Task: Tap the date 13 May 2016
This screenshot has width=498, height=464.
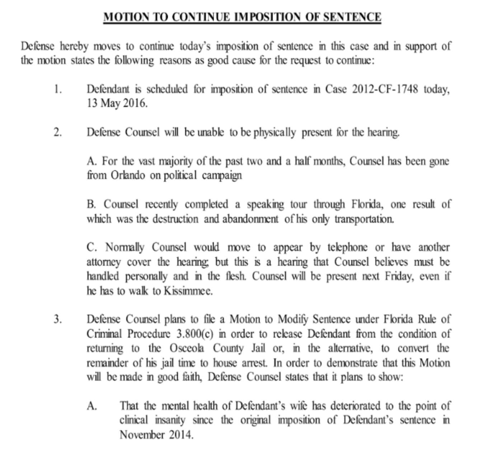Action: click(117, 104)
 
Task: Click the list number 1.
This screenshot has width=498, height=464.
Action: click(58, 89)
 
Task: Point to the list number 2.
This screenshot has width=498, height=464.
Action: click(58, 133)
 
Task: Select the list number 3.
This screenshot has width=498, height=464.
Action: click(58, 319)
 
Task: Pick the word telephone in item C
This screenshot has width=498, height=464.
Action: click(347, 247)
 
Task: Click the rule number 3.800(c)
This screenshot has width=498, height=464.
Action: click(195, 334)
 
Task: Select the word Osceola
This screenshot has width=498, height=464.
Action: click(185, 348)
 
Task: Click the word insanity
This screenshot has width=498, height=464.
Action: click(170, 420)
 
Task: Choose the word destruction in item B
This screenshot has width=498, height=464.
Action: click(175, 219)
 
